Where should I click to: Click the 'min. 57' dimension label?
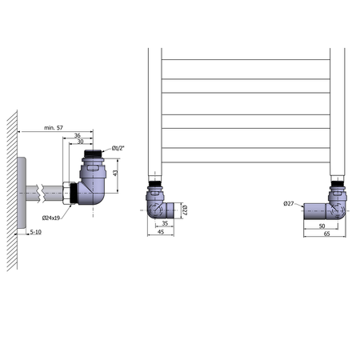pos(54,128)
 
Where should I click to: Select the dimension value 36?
pos(78,135)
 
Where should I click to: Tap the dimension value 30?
pos(80,142)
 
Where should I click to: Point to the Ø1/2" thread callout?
pos(118,148)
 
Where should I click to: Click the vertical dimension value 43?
pos(115,173)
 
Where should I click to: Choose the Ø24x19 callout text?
pos(51,218)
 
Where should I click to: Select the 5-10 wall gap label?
pos(36,232)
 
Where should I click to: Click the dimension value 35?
pos(165,223)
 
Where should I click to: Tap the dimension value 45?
pos(161,232)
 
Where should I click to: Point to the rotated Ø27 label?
pos(185,210)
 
